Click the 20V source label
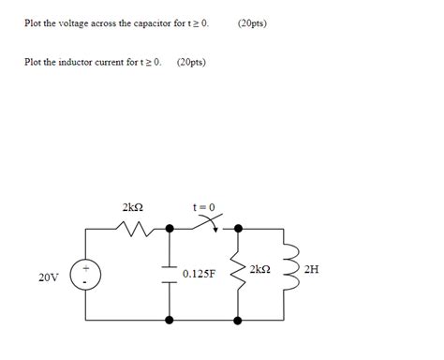coord(48,277)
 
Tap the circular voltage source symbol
coord(85,274)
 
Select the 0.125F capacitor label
coord(200,274)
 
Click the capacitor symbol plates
coord(170,274)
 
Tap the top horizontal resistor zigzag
coord(130,228)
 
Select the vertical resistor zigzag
coord(239,274)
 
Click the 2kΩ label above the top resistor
coord(132,206)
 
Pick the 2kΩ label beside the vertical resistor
coord(260,269)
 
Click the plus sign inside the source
coord(85,268)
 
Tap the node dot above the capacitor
coord(170,228)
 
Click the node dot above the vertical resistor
coord(239,228)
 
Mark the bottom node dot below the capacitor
coord(170,320)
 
